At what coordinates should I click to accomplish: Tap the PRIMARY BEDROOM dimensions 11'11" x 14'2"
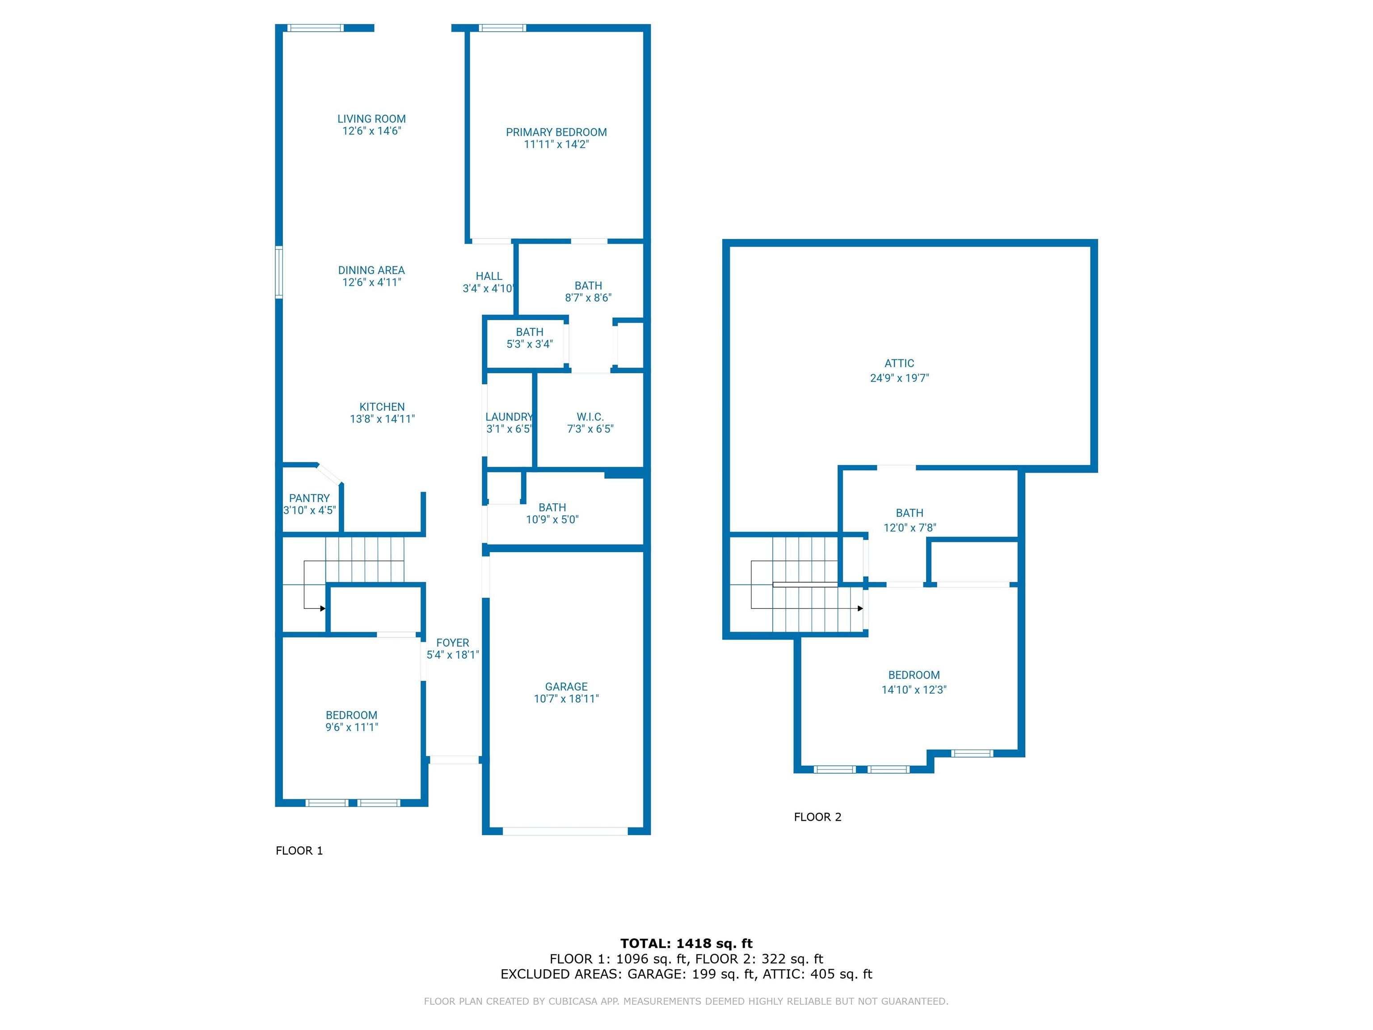pyautogui.click(x=556, y=144)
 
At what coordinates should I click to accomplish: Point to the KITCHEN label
pyautogui.click(x=382, y=407)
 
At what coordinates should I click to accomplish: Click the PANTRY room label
pyautogui.click(x=309, y=498)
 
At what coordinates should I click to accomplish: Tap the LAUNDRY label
pyautogui.click(x=509, y=417)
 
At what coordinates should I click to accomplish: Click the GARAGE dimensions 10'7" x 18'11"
pyautogui.click(x=566, y=698)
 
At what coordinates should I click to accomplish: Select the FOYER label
pyautogui.click(x=452, y=642)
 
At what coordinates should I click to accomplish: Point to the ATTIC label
pyautogui.click(x=899, y=363)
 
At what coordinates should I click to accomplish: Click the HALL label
pyautogui.click(x=489, y=276)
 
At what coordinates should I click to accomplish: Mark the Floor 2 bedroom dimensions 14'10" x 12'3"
pyautogui.click(x=914, y=689)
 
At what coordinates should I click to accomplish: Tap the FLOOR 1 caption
pyautogui.click(x=299, y=851)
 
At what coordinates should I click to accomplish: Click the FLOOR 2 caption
pyautogui.click(x=817, y=817)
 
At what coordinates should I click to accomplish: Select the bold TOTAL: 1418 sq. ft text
pyautogui.click(x=686, y=944)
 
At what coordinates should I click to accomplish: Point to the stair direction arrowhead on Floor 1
pyautogui.click(x=323, y=608)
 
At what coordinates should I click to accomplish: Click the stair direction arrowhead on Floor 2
pyautogui.click(x=860, y=608)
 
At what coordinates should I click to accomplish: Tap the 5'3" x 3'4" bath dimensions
pyautogui.click(x=530, y=344)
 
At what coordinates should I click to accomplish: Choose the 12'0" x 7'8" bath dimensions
pyautogui.click(x=910, y=527)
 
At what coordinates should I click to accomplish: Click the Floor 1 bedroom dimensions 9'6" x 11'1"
pyautogui.click(x=351, y=727)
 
